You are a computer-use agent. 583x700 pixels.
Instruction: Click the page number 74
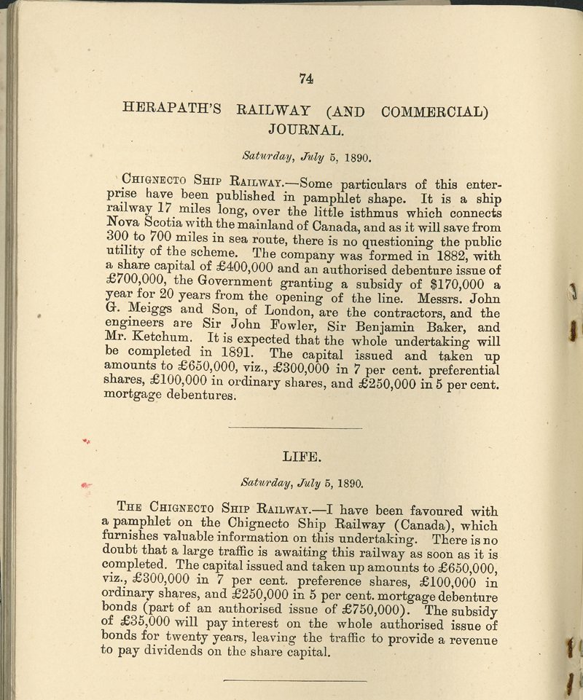[x=306, y=79]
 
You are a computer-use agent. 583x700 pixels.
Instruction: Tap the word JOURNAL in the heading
[x=305, y=130]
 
